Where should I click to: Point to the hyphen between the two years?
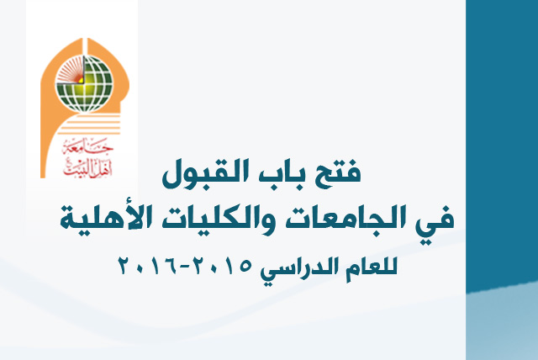point(190,268)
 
